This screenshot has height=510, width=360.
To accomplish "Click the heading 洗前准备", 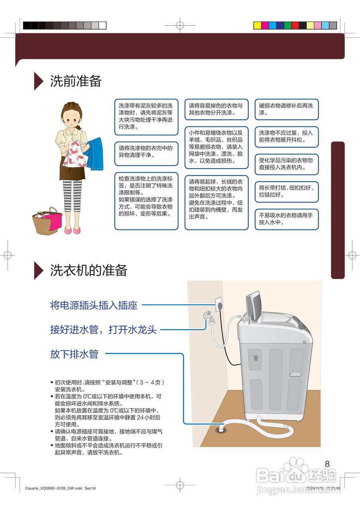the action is click(x=76, y=81).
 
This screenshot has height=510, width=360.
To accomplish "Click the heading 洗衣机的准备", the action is click(x=88, y=271).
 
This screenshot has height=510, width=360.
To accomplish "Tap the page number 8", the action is click(x=327, y=464).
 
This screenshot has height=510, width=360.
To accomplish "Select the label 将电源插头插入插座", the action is click(x=94, y=306).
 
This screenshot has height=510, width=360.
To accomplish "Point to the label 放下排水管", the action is click(x=74, y=354).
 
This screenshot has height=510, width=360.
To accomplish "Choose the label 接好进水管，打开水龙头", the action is click(x=103, y=330).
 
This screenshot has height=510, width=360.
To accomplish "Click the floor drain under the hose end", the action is click(x=220, y=430).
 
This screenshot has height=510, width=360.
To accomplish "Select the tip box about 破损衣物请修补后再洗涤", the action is click(x=287, y=109).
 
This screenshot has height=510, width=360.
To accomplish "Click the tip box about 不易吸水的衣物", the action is click(x=287, y=219).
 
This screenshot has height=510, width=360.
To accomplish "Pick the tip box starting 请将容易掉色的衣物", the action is click(x=216, y=109).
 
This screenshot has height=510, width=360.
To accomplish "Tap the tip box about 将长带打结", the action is click(x=287, y=192).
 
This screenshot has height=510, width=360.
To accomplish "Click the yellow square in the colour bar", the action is click(x=258, y=25).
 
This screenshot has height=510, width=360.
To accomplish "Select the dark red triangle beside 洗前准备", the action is click(x=39, y=81).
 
